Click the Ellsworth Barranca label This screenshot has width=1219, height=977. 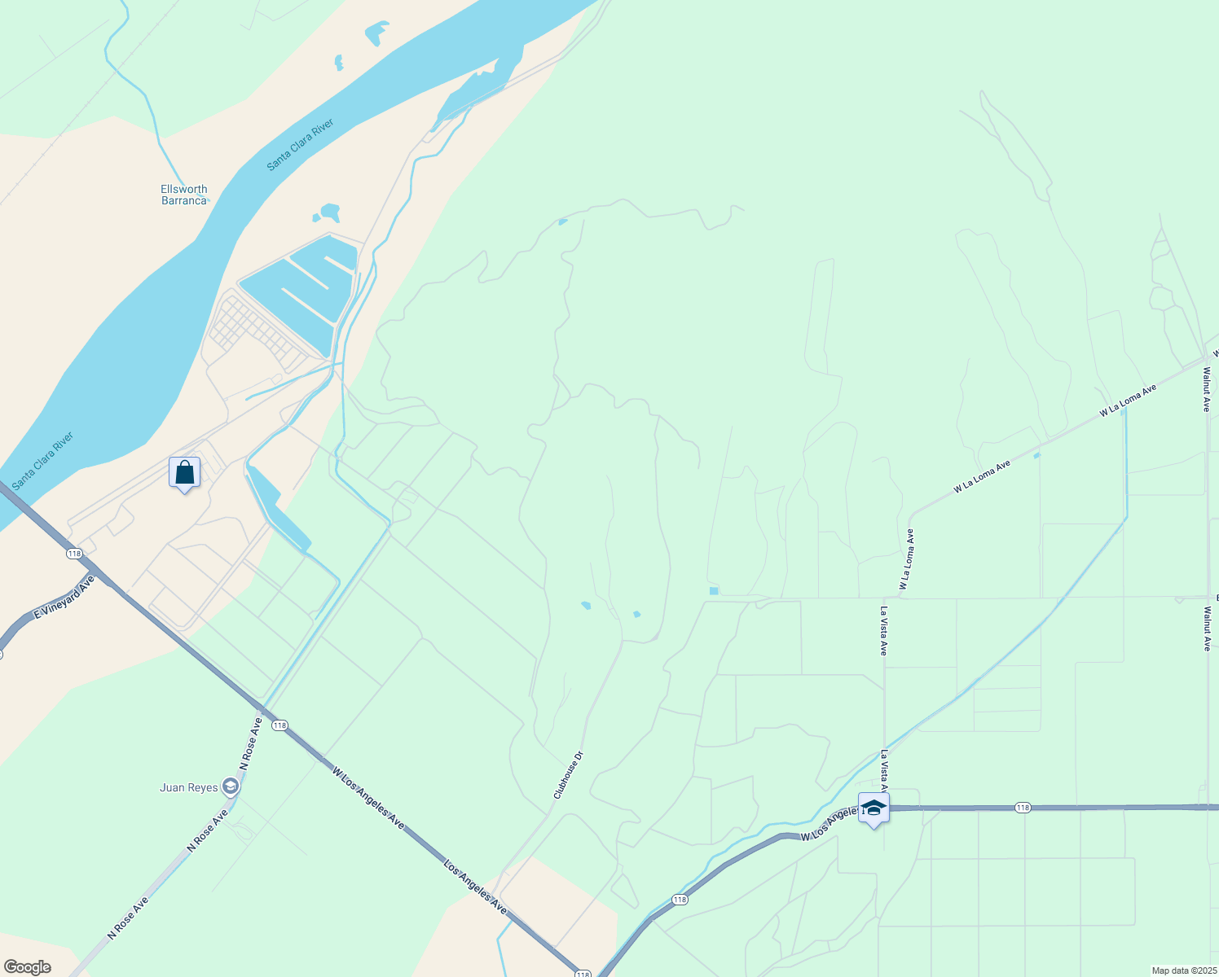pyautogui.click(x=184, y=195)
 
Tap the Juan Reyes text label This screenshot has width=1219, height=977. pyautogui.click(x=189, y=787)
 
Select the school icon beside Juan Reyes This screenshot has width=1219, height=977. pyautogui.click(x=231, y=786)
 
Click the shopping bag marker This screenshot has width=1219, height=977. pyautogui.click(x=185, y=472)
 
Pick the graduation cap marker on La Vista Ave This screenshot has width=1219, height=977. pyautogui.click(x=874, y=808)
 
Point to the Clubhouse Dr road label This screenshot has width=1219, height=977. pyautogui.click(x=569, y=774)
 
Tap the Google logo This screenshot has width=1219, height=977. pyautogui.click(x=27, y=967)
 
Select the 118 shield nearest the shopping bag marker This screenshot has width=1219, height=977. pyautogui.click(x=75, y=554)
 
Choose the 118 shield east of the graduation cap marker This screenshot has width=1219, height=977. pyautogui.click(x=1023, y=808)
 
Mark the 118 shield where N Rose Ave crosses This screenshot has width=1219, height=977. pyautogui.click(x=279, y=725)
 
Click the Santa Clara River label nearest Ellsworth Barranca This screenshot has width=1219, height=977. pyautogui.click(x=301, y=145)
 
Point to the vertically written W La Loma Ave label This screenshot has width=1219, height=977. pyautogui.click(x=907, y=559)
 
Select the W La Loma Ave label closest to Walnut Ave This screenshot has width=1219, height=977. pyautogui.click(x=1128, y=401)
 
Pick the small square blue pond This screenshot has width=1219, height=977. pyautogui.click(x=714, y=591)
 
